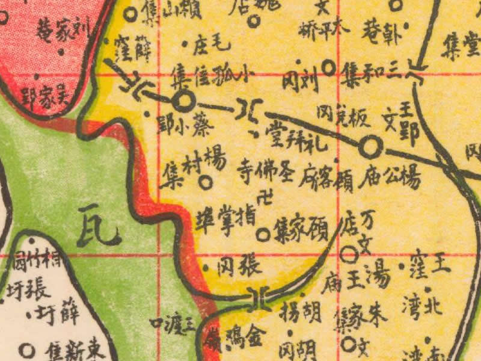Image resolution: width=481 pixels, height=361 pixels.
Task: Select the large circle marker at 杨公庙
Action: [370, 145]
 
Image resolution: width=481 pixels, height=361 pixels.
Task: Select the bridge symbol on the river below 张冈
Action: [260, 297]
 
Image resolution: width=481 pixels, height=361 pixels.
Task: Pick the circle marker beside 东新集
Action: [26, 349]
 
